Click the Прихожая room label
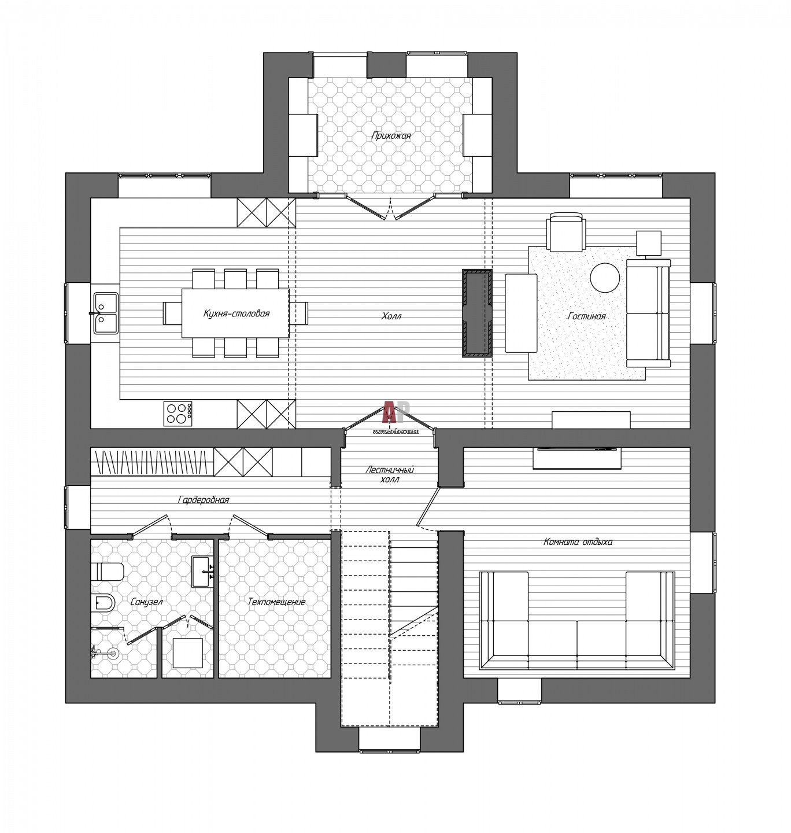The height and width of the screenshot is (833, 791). pyautogui.click(x=391, y=135)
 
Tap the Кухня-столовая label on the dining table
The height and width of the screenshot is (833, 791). pyautogui.click(x=236, y=314)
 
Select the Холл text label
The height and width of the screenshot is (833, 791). pyautogui.click(x=391, y=316)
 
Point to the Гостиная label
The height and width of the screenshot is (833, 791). pyautogui.click(x=586, y=316)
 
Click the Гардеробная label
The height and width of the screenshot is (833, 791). pyautogui.click(x=204, y=500)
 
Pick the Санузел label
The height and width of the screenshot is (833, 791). pyautogui.click(x=146, y=602)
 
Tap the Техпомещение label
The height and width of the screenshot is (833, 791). pyautogui.click(x=276, y=602)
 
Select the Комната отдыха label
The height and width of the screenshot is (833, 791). pyautogui.click(x=578, y=541)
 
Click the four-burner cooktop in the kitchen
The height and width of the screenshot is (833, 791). pyautogui.click(x=178, y=414)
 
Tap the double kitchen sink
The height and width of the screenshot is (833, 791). pyautogui.click(x=105, y=314)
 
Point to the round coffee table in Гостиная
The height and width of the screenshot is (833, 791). pyautogui.click(x=605, y=278)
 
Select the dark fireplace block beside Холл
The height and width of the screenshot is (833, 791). pyautogui.click(x=476, y=313)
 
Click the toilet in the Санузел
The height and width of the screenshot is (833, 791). pyautogui.click(x=107, y=571)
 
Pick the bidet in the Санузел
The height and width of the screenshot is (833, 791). pyautogui.click(x=103, y=603)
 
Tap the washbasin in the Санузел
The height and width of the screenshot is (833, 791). pyautogui.click(x=202, y=572)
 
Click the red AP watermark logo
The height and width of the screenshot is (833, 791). pyautogui.click(x=396, y=412)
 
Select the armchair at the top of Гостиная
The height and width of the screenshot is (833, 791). pyautogui.click(x=567, y=231)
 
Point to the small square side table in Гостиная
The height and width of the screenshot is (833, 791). pyautogui.click(x=649, y=243)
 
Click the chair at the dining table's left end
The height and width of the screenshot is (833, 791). pyautogui.click(x=172, y=313)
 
